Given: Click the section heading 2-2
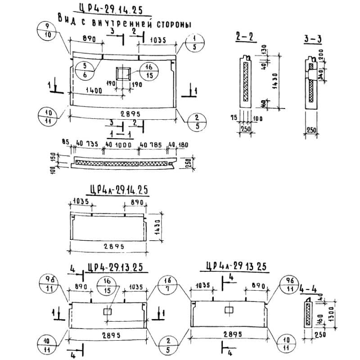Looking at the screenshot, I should point(244,37).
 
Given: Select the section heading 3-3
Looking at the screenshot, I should point(312,40).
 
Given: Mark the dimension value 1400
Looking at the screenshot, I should point(91,90).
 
